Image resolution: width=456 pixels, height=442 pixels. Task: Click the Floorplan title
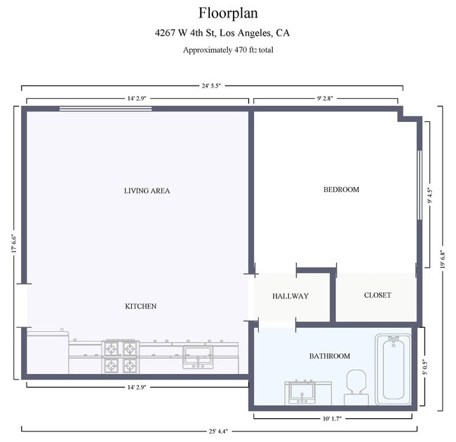coord(228,13)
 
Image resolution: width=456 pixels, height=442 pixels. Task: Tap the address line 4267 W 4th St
coord(223,33)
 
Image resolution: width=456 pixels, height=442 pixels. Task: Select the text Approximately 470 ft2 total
coord(228,50)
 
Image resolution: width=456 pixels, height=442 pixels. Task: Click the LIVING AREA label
coord(147,191)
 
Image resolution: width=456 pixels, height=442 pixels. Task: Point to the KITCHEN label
coord(140,306)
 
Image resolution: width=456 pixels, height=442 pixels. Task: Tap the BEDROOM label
coord(341,190)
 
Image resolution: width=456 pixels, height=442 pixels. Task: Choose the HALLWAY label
coord(290,296)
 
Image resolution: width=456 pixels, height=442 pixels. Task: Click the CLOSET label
coord(377,296)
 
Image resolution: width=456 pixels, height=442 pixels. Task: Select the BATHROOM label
coord(329,357)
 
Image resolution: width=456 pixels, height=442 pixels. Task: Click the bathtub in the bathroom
coord(393,369)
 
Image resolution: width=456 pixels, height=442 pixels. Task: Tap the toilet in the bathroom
coord(356,387)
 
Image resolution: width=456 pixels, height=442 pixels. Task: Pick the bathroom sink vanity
coord(309,393)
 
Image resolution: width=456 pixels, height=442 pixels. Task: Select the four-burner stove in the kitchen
coord(121,356)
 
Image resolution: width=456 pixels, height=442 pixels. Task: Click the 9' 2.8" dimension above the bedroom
coord(326,99)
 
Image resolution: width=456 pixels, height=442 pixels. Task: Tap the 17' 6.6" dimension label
coord(13,246)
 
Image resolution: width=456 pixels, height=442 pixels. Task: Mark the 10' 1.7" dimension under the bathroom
coord(333,419)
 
